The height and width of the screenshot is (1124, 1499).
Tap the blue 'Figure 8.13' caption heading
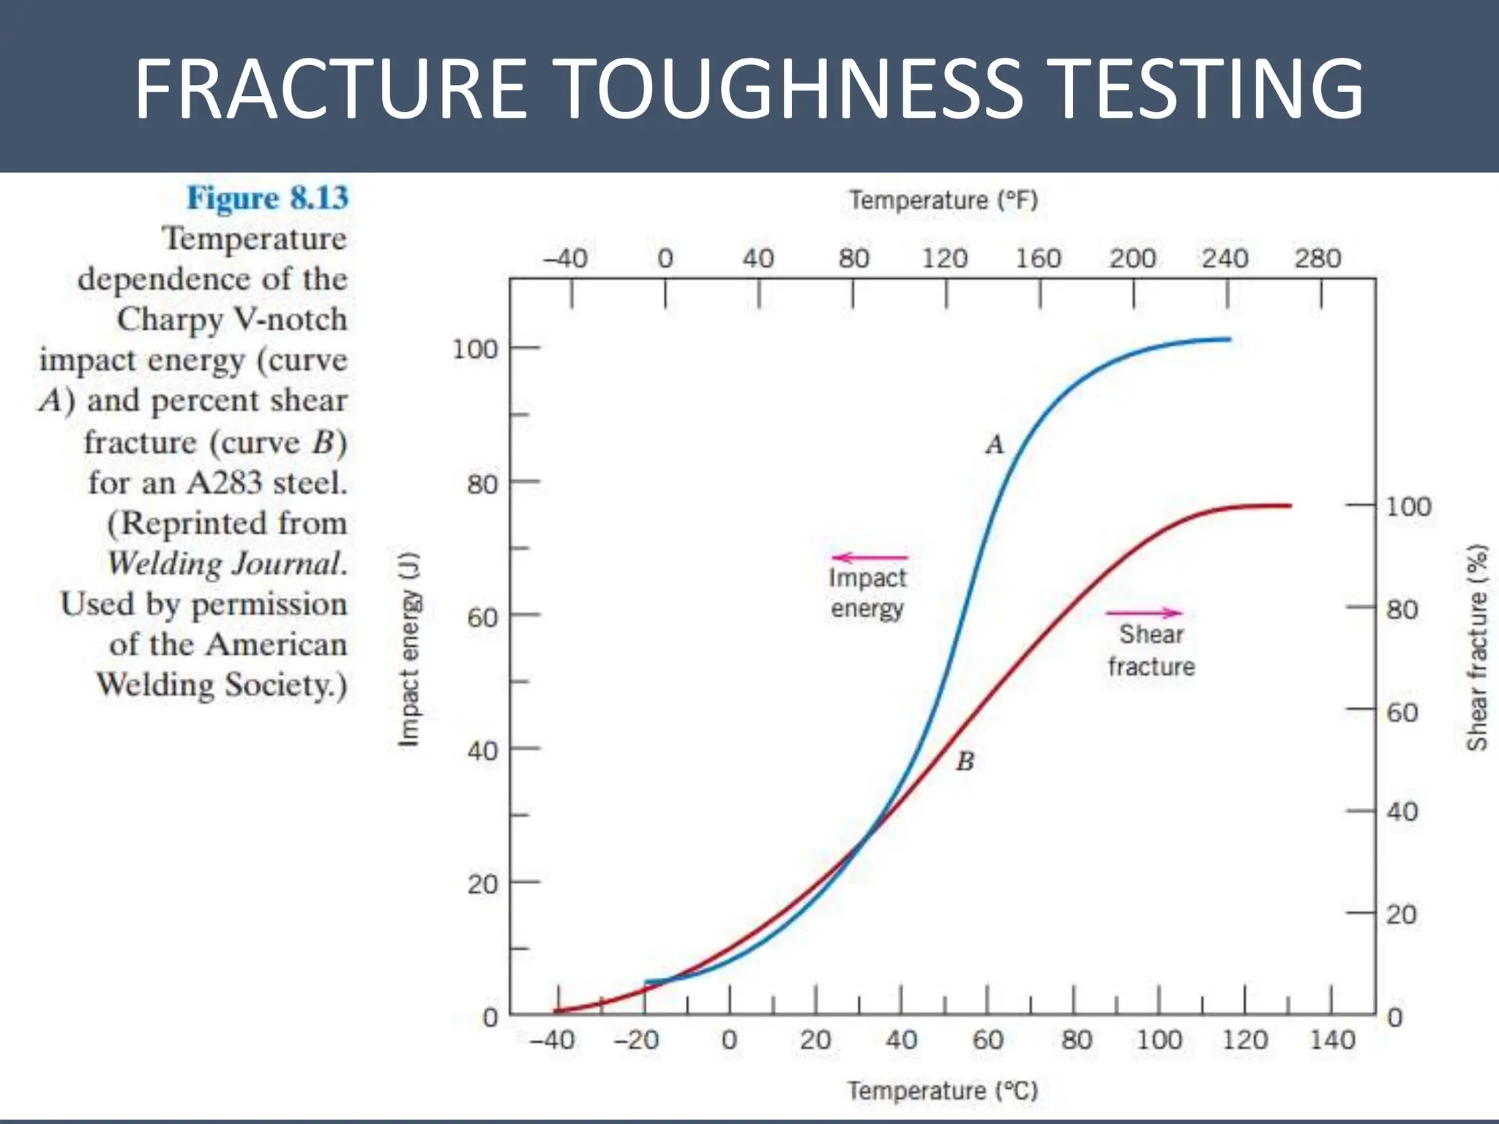pyautogui.click(x=268, y=198)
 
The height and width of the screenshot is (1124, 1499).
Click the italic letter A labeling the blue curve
pyautogui.click(x=995, y=444)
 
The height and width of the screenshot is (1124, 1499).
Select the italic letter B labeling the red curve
pyautogui.click(x=965, y=762)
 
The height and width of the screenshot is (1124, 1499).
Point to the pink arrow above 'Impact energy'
pyautogui.click(x=870, y=558)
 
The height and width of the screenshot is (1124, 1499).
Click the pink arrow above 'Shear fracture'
pyautogui.click(x=1144, y=612)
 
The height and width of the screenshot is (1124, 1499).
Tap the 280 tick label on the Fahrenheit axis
pyautogui.click(x=1317, y=258)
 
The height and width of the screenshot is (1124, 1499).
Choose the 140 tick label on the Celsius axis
pyautogui.click(x=1332, y=1040)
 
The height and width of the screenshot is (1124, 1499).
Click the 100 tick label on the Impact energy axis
pyautogui.click(x=474, y=349)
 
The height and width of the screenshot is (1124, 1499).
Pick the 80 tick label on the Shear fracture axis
pyautogui.click(x=1402, y=610)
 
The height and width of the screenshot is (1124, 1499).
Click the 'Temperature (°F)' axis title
pyautogui.click(x=943, y=201)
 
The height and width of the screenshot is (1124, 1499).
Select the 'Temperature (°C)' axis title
pyautogui.click(x=943, y=1091)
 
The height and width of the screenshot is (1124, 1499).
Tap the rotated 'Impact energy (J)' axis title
pyautogui.click(x=409, y=649)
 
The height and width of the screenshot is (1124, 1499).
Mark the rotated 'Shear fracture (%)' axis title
pyautogui.click(x=1477, y=648)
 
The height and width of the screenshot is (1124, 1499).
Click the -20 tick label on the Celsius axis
pyautogui.click(x=636, y=1040)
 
